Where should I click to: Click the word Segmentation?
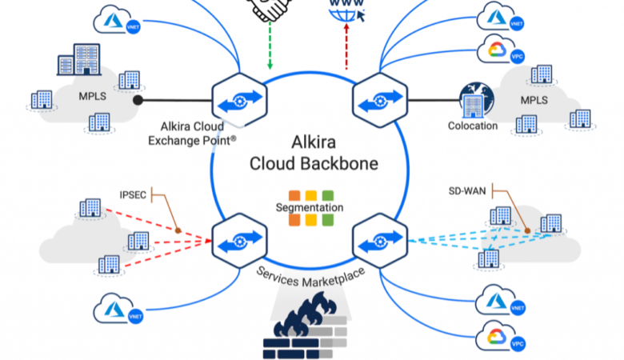[310, 207]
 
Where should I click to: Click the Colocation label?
[473, 126]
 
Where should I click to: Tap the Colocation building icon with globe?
[472, 101]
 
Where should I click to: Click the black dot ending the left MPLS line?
[138, 101]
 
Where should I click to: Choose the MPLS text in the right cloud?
[534, 102]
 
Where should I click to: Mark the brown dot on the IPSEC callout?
[178, 231]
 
